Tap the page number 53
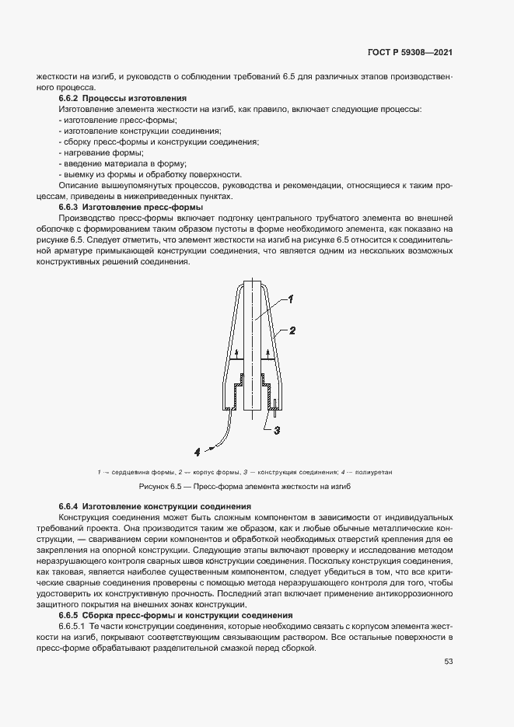click(449, 662)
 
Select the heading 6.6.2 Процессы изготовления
click(123, 99)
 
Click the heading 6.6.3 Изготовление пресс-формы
click(131, 208)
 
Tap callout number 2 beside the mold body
click(292, 330)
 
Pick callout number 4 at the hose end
click(198, 449)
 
